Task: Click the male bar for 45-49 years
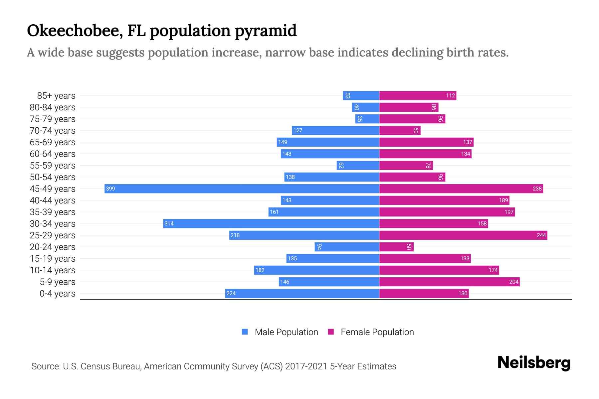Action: coord(242,189)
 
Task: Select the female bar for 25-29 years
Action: coord(463,235)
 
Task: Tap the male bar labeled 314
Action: coord(271,223)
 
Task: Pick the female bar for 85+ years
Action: coord(417,95)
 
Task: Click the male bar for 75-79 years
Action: coord(367,119)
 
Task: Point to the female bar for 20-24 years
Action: coord(396,247)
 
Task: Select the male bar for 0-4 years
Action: coord(302,293)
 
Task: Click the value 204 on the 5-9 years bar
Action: coord(513,282)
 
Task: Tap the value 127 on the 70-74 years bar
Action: coord(298,130)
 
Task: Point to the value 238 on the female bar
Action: coord(537,189)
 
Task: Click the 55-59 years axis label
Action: coord(53,165)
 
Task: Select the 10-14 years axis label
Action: coord(53,270)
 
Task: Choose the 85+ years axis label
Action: coord(56,95)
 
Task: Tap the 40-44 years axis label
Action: coord(53,200)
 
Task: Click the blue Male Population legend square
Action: coord(245,332)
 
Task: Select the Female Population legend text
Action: coord(377,332)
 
